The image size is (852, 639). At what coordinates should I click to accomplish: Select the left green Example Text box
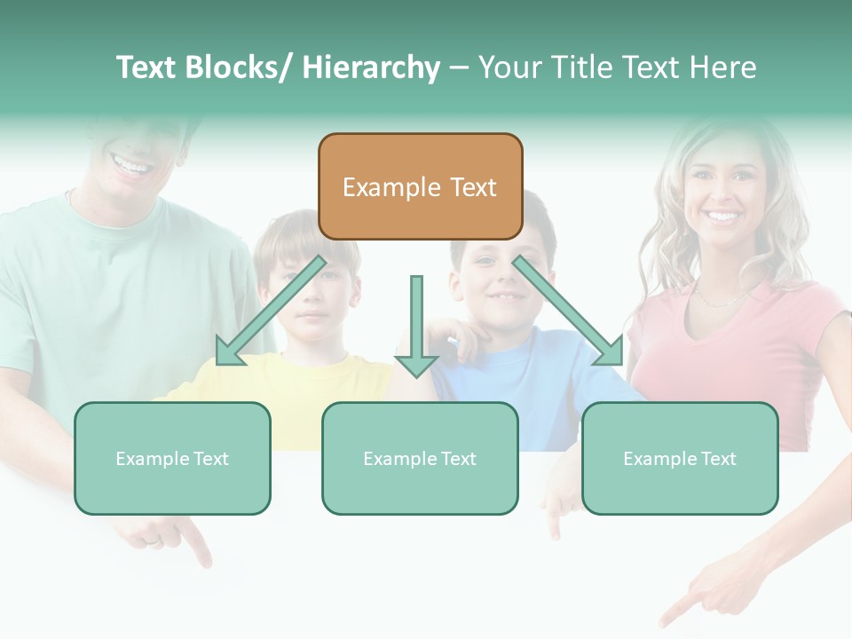click(x=172, y=458)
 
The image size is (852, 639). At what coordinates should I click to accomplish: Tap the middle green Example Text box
click(x=420, y=458)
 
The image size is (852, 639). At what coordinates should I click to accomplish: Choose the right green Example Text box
click(x=680, y=458)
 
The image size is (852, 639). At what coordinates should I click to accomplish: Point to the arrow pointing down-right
click(x=568, y=311)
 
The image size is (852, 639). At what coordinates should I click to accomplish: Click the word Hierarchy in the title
click(x=371, y=68)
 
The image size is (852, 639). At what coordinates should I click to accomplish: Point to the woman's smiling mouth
click(x=723, y=216)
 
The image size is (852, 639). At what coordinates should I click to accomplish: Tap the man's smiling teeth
click(x=130, y=165)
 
